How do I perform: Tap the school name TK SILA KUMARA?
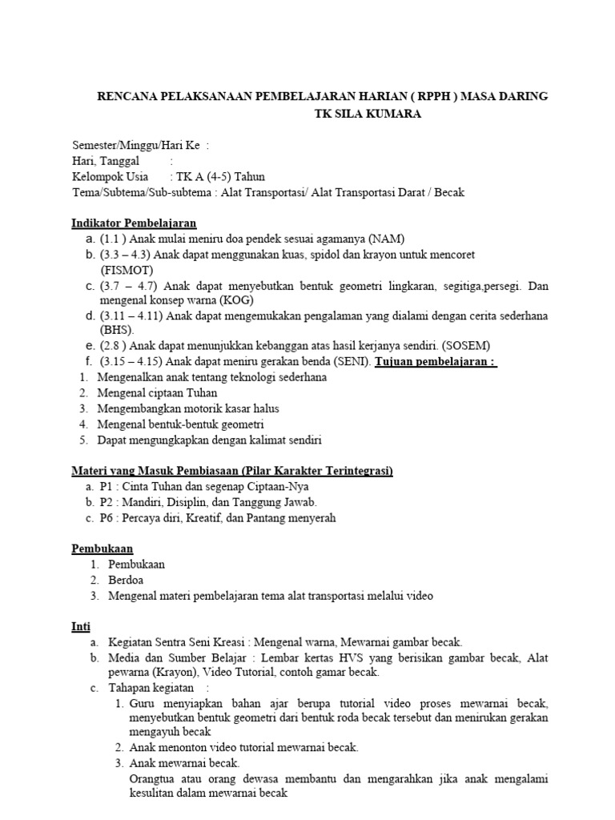[367, 114]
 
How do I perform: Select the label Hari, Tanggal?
[106, 161]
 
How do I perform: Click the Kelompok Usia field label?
[110, 176]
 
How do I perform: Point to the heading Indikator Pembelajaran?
[134, 223]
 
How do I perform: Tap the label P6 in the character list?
[107, 517]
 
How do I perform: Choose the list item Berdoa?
[127, 580]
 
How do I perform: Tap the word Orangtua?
[155, 778]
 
